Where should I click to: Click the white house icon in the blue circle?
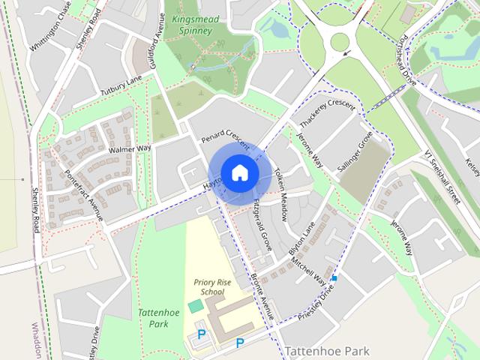[x=239, y=173]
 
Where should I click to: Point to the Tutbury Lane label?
[x=121, y=87]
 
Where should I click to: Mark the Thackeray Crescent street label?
[x=327, y=113]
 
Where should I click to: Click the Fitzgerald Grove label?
[x=262, y=224]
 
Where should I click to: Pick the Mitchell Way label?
[x=309, y=272]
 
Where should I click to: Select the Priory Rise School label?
[x=209, y=286]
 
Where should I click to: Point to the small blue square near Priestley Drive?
[x=334, y=278]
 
